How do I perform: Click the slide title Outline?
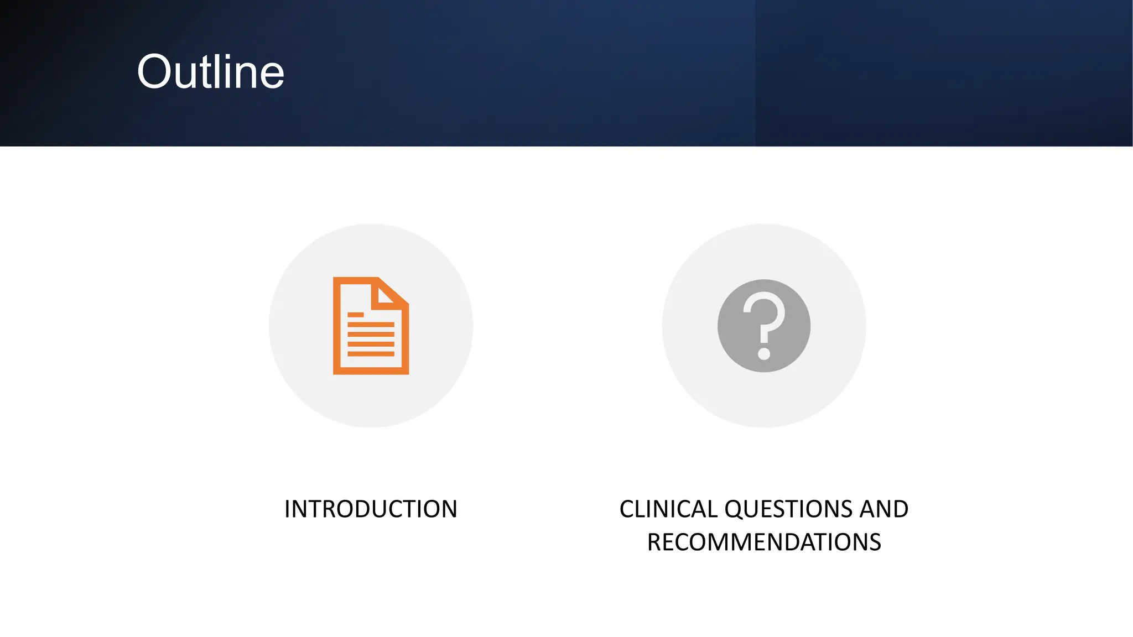[x=210, y=72]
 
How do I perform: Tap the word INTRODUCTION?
[x=371, y=509]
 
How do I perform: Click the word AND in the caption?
[x=883, y=509]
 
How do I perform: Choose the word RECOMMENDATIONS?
[x=764, y=542]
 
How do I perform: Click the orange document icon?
[x=371, y=326]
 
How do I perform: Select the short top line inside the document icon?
[x=355, y=315]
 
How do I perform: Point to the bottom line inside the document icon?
[x=371, y=353]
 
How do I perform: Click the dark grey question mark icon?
[x=763, y=326]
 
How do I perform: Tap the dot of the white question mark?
[x=764, y=353]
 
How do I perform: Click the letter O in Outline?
[x=154, y=72]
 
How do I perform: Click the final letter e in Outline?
[x=272, y=76]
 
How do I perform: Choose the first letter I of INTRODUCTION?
[x=287, y=509]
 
